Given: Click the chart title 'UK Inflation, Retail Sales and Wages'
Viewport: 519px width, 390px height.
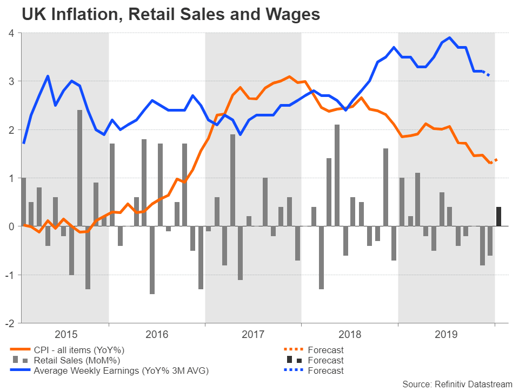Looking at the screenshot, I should [x=171, y=15].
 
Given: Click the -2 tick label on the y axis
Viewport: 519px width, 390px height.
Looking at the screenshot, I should [x=9, y=323].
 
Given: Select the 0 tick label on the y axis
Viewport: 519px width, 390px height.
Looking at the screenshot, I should [x=11, y=226].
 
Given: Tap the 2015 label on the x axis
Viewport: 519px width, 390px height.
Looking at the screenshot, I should [x=65, y=335].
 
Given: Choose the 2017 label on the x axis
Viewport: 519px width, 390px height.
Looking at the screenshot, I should [x=253, y=335].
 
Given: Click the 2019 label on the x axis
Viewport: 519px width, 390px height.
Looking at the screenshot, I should [x=447, y=335].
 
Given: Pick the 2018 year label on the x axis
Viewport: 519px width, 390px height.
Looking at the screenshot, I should [x=350, y=335].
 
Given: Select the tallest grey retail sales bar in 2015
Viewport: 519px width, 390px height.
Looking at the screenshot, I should [x=79, y=168].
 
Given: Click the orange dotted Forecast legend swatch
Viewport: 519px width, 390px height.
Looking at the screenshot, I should [x=294, y=350].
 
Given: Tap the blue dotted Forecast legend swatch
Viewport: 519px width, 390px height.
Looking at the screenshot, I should [x=294, y=370].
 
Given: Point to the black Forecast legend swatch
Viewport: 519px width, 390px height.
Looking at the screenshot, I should [x=294, y=360].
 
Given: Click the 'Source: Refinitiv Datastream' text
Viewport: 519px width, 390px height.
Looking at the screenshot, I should [x=457, y=383].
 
